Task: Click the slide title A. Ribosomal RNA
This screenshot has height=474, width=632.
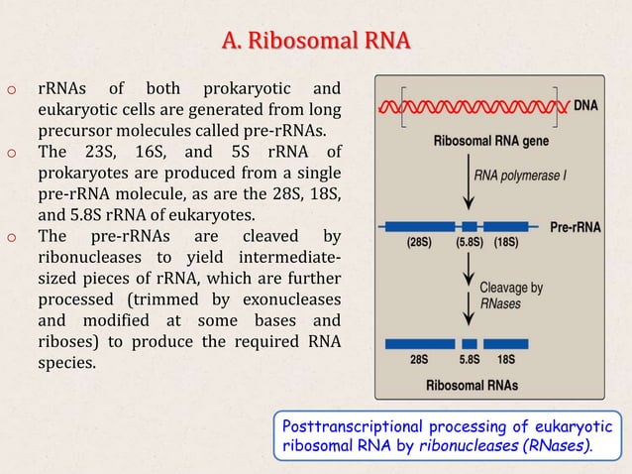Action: [x=316, y=42]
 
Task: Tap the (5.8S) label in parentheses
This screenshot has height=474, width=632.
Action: [x=472, y=242]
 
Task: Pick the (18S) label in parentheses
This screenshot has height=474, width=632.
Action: [x=508, y=242]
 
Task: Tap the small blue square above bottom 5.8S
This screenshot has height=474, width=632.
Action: [x=470, y=343]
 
